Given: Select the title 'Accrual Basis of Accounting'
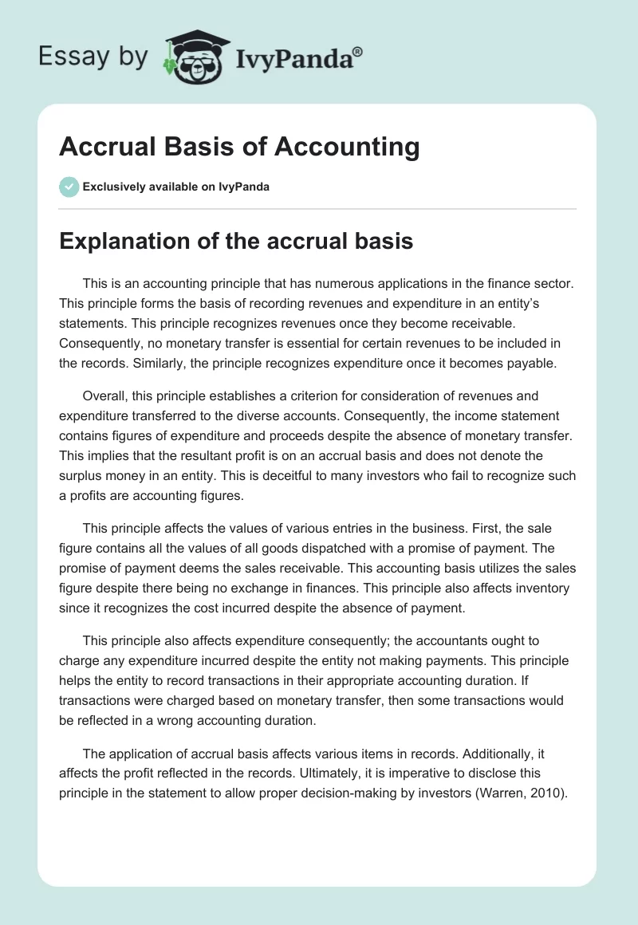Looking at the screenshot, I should coord(239,147).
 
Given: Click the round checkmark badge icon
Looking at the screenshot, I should coord(69,187).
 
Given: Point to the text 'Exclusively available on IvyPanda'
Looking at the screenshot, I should coord(176,187).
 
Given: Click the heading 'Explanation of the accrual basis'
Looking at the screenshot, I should coord(236,241).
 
